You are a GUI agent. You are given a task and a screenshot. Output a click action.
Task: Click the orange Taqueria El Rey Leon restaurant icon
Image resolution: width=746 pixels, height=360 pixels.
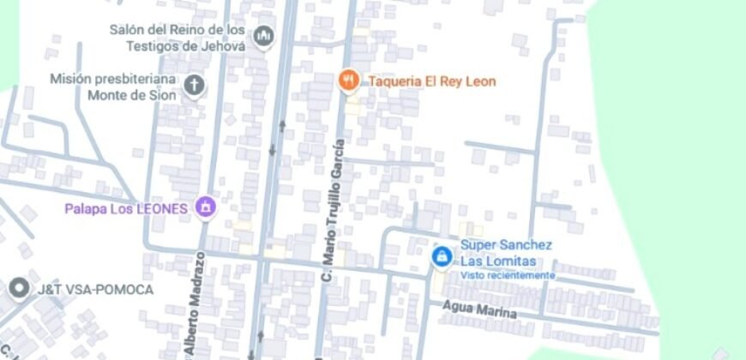pyautogui.click(x=347, y=81)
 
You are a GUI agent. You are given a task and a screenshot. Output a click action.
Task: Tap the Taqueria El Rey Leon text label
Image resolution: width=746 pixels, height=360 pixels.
pyautogui.click(x=432, y=81)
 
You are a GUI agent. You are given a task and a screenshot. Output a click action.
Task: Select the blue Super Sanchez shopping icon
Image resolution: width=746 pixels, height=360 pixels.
pyautogui.click(x=442, y=255)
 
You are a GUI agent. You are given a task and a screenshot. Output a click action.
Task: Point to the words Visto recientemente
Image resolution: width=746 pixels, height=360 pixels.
pyautogui.click(x=508, y=275)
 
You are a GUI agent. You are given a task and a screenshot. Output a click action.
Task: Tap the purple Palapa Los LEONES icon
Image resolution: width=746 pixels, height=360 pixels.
pyautogui.click(x=205, y=207)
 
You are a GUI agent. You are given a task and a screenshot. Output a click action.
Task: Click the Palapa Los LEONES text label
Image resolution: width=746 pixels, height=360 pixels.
pyautogui.click(x=126, y=208)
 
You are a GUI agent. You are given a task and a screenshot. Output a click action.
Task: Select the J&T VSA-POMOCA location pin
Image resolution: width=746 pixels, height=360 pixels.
pyautogui.click(x=18, y=289)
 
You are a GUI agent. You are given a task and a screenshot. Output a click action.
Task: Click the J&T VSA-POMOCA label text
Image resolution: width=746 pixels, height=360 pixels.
pyautogui.click(x=94, y=290)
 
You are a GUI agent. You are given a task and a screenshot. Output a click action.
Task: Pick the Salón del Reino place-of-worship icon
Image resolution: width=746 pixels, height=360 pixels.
pyautogui.click(x=263, y=36)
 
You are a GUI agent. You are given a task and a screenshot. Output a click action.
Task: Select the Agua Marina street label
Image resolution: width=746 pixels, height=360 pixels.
pyautogui.click(x=479, y=309)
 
